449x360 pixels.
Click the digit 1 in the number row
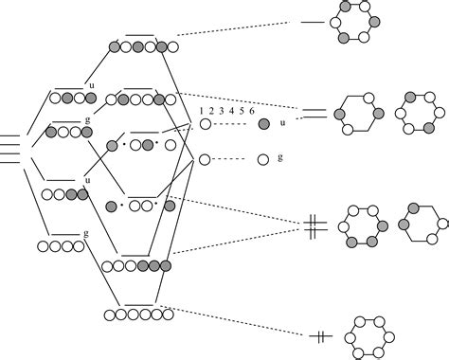(x=202, y=111)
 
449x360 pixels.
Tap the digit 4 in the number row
(x=231, y=111)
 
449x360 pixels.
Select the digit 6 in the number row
(x=251, y=111)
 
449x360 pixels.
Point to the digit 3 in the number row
(x=222, y=111)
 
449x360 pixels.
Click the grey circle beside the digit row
(x=264, y=124)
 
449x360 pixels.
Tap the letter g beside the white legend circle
(x=281, y=157)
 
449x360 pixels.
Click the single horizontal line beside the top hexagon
(x=310, y=21)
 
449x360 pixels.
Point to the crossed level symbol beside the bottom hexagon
(x=321, y=334)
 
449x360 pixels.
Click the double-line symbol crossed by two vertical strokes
(x=317, y=225)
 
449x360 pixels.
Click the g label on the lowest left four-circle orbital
(x=86, y=233)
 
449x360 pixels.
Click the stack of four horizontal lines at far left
(x=9, y=146)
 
